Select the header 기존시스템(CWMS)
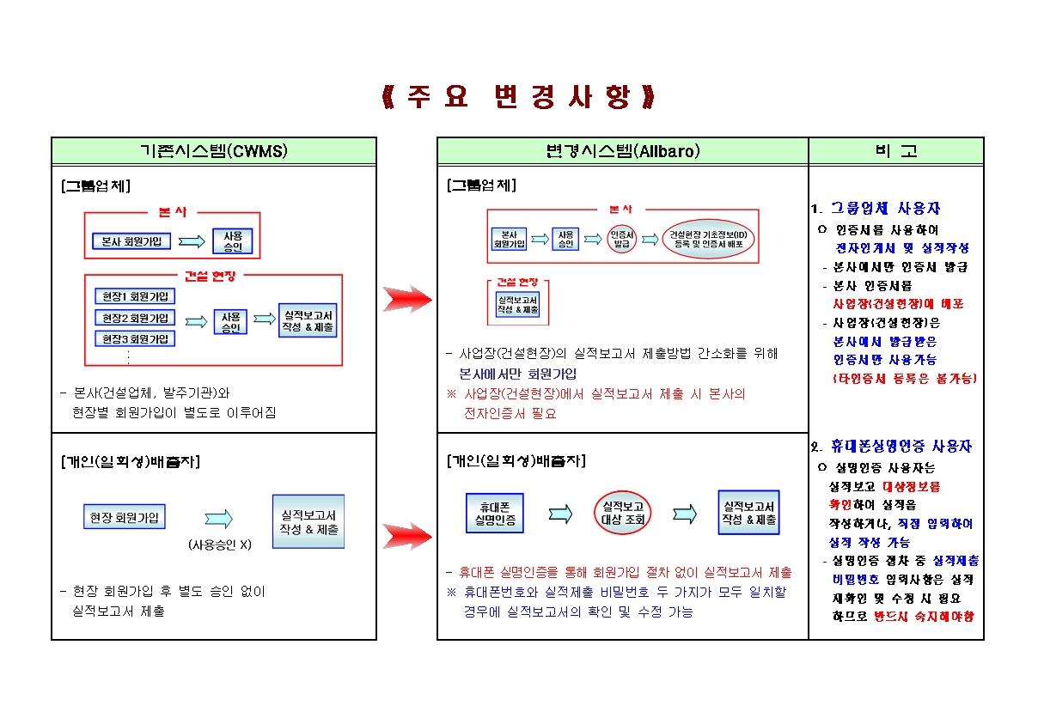[214, 151]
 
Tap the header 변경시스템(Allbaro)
[623, 151]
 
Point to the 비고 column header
[895, 151]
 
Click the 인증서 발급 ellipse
[621, 238]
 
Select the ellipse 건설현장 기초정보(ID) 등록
[709, 238]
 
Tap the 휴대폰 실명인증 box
[494, 513]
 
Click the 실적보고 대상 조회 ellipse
[624, 513]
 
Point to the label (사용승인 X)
[220, 545]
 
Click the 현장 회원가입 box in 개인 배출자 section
[125, 518]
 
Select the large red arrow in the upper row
[407, 299]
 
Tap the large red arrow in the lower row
[407, 536]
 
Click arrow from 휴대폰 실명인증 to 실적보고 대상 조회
[560, 514]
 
